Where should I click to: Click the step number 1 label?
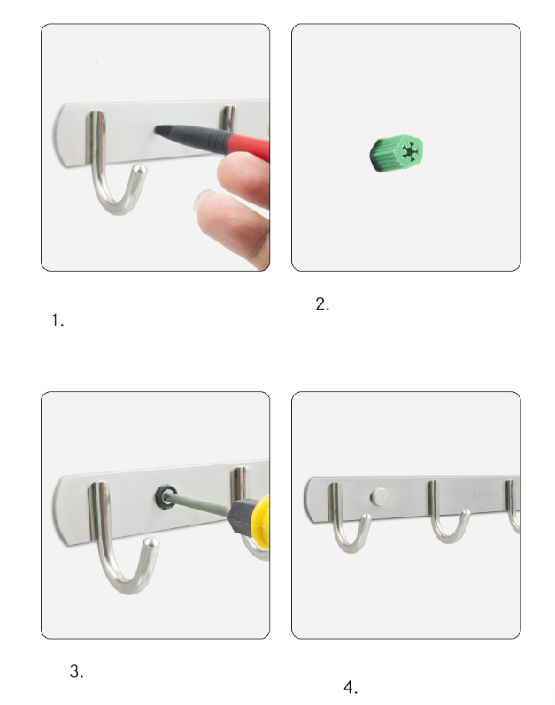[58, 320]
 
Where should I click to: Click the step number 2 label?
[322, 304]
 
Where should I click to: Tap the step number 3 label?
[76, 671]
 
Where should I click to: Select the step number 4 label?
[351, 687]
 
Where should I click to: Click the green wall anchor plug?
[397, 153]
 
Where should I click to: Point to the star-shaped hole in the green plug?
[408, 152]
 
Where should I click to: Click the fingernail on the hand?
[204, 200]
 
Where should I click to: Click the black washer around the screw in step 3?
[166, 496]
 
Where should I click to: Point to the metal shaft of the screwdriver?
[198, 504]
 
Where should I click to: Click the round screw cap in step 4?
[379, 497]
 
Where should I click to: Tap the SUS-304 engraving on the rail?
[485, 494]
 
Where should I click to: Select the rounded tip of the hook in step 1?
[141, 170]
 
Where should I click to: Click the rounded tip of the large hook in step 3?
[152, 542]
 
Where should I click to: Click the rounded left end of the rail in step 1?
[58, 134]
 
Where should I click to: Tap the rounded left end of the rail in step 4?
[309, 499]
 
